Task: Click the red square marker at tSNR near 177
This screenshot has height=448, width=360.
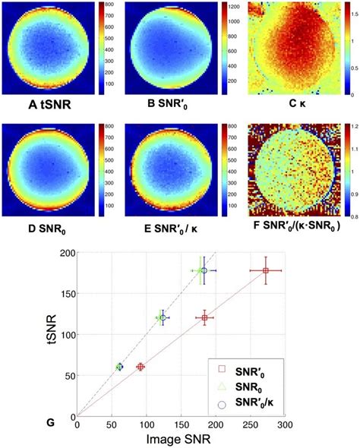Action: pos(265,271)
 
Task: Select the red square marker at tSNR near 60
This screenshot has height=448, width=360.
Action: pos(141,367)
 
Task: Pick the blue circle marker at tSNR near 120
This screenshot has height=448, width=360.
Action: pos(162,318)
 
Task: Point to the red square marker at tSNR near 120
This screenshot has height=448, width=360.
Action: pos(204,318)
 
